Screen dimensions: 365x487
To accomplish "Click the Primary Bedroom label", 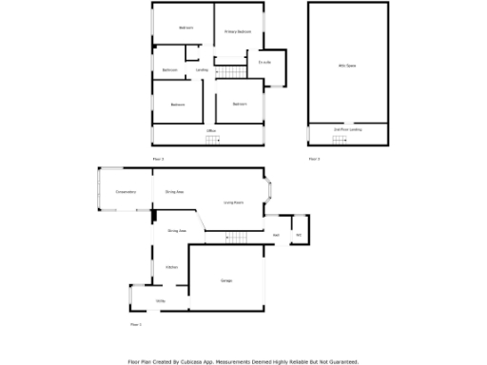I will [238, 32].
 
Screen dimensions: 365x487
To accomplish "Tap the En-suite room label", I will [265, 63].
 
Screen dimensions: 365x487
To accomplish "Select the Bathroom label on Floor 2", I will [169, 70].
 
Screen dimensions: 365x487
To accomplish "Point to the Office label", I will [211, 131].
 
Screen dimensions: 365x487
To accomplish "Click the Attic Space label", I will [348, 66].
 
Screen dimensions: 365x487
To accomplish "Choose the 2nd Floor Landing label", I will [348, 128].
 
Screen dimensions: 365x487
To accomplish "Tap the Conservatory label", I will [126, 192].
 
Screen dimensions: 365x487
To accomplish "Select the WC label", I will [298, 234].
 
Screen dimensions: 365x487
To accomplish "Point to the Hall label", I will [276, 234].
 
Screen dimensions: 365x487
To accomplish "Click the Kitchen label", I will [172, 267].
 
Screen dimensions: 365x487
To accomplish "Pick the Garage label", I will [226, 280].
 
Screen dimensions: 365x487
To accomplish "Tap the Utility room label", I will [161, 300].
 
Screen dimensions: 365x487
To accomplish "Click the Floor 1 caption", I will [135, 325].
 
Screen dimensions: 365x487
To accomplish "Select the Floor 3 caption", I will [314, 159].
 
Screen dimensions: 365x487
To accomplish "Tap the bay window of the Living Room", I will [271, 192].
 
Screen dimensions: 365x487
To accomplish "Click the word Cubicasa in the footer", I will [198, 361].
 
